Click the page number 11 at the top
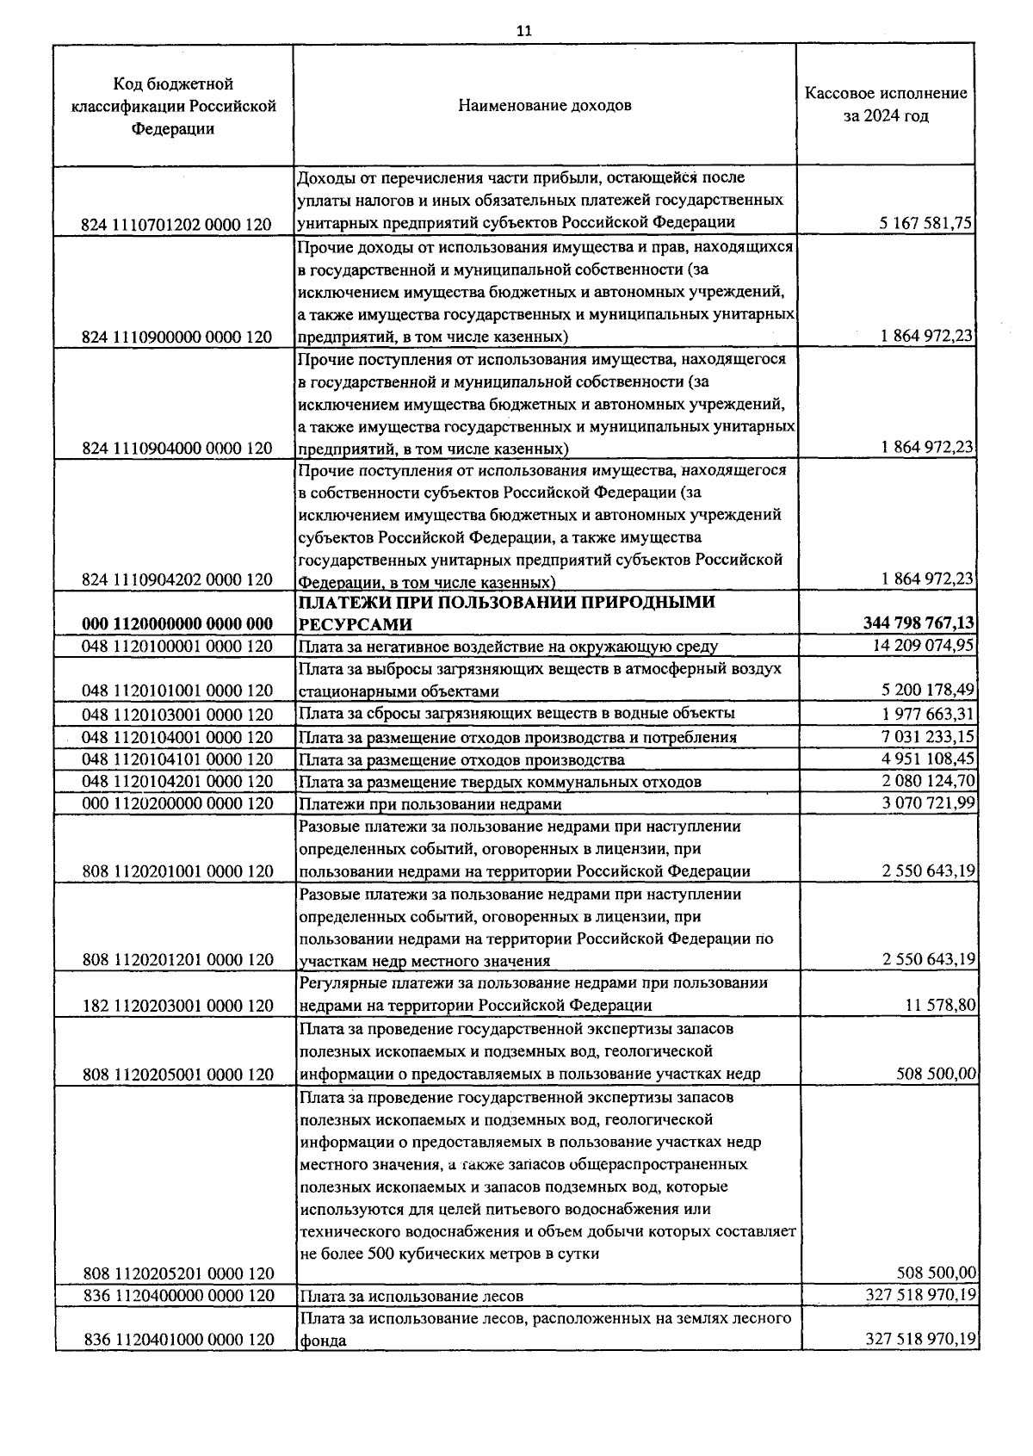(x=523, y=31)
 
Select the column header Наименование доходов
(x=544, y=106)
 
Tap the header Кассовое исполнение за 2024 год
(x=886, y=104)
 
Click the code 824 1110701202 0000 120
(x=176, y=225)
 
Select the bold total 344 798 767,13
(x=919, y=623)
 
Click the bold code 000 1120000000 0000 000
(x=176, y=624)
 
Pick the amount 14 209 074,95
(x=923, y=646)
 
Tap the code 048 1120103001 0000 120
(x=176, y=715)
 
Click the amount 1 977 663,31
(x=927, y=713)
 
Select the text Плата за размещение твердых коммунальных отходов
(x=499, y=782)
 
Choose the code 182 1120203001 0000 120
(x=176, y=1006)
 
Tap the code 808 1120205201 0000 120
(x=176, y=1273)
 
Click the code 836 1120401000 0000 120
(x=176, y=1340)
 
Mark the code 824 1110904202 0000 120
(x=176, y=579)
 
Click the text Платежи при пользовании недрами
(x=430, y=804)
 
